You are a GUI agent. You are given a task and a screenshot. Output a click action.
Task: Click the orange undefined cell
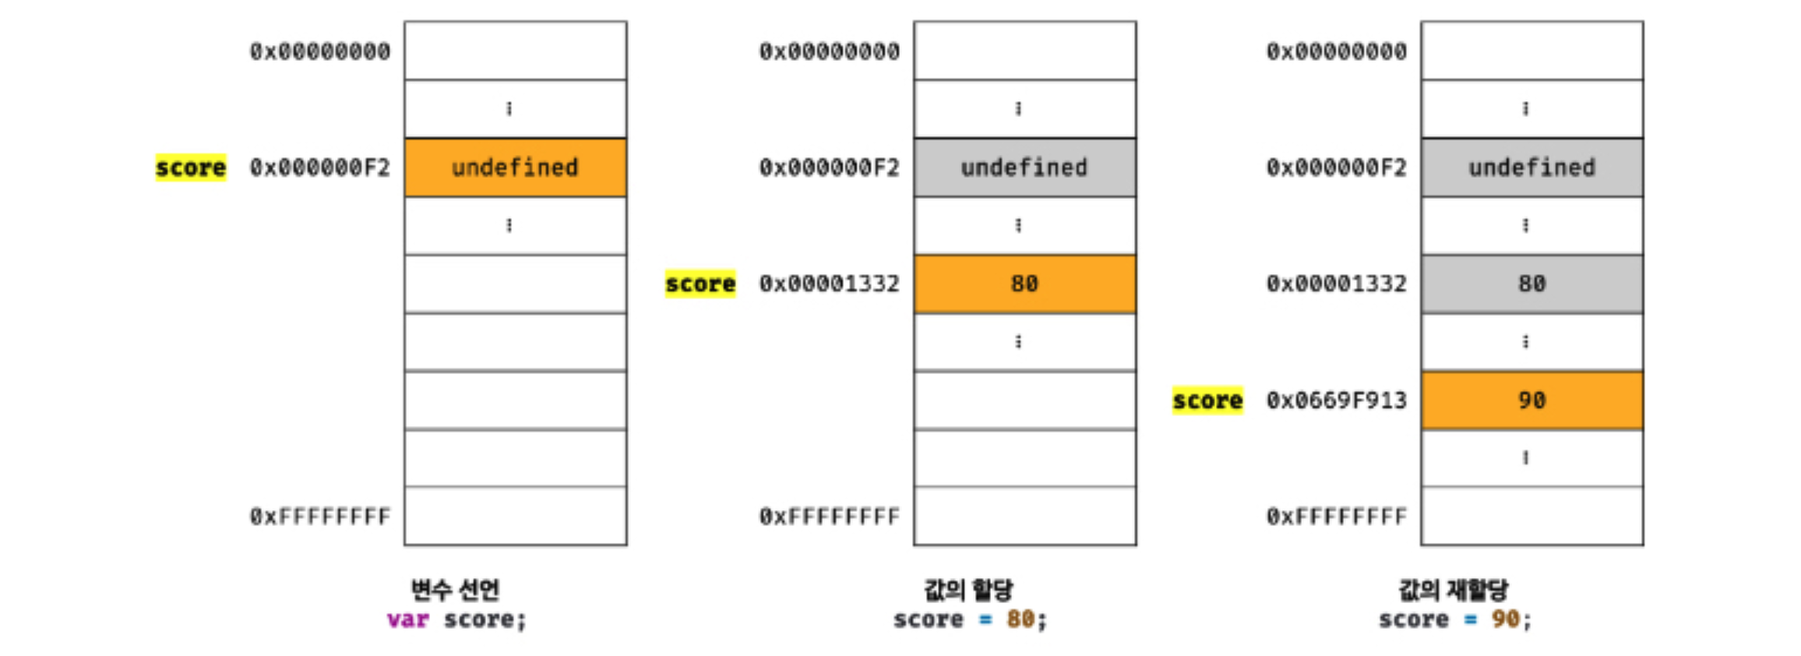pyautogui.click(x=515, y=168)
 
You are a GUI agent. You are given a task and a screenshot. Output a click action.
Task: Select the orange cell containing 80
pyautogui.click(x=1024, y=284)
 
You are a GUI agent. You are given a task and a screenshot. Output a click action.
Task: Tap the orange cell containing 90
pyautogui.click(x=1531, y=400)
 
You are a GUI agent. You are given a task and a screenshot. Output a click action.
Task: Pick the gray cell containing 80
pyautogui.click(x=1531, y=284)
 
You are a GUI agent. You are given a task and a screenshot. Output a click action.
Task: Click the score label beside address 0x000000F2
pyautogui.click(x=191, y=168)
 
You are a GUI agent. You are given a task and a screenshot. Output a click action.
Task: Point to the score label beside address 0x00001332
pyautogui.click(x=700, y=284)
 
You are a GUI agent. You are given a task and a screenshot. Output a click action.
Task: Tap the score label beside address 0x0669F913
pyautogui.click(x=1207, y=400)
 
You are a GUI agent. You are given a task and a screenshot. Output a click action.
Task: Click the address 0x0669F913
pyautogui.click(x=1336, y=400)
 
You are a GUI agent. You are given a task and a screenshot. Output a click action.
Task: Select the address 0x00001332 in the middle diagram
pyautogui.click(x=829, y=284)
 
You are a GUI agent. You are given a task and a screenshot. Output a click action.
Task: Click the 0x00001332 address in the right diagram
pyautogui.click(x=1336, y=284)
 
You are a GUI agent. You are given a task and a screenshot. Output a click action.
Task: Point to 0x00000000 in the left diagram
pyautogui.click(x=319, y=51)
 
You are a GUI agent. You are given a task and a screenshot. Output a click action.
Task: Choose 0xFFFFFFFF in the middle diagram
pyautogui.click(x=829, y=517)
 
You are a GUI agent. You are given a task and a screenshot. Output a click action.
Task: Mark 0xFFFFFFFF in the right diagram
pyautogui.click(x=1336, y=517)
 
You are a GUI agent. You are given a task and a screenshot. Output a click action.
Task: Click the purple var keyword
pyautogui.click(x=408, y=620)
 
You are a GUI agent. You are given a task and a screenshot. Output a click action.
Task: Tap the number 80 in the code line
pyautogui.click(x=1020, y=620)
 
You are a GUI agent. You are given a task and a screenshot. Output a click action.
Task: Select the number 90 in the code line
pyautogui.click(x=1505, y=620)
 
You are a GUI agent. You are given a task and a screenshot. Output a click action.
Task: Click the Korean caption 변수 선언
pyautogui.click(x=456, y=590)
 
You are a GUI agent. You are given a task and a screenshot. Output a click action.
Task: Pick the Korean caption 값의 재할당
pyautogui.click(x=1454, y=590)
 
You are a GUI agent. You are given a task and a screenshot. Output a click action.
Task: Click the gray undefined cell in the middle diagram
pyautogui.click(x=1024, y=168)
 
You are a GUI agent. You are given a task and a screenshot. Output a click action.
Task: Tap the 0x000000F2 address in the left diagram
pyautogui.click(x=319, y=168)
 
